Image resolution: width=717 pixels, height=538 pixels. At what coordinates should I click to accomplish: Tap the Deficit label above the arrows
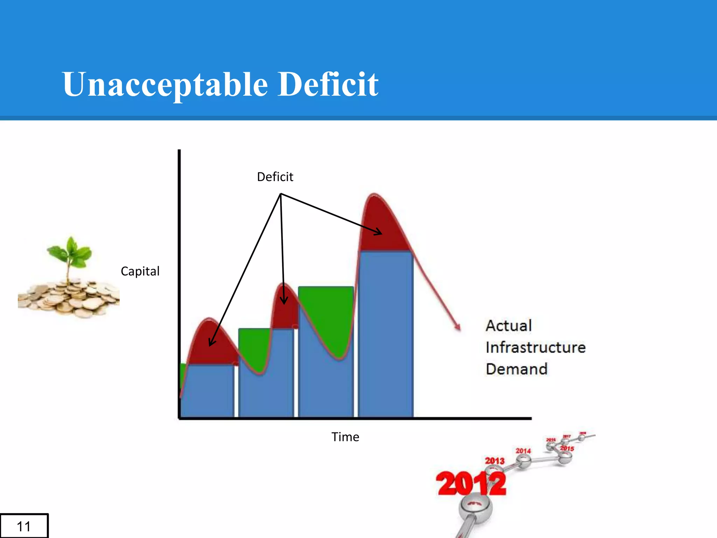[275, 177]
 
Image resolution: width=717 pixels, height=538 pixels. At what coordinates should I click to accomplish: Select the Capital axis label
[140, 271]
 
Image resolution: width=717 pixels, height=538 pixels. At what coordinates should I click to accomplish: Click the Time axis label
[345, 437]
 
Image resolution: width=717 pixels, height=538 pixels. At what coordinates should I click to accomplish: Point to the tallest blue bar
[386, 333]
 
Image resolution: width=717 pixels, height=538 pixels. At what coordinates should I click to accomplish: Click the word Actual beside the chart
[509, 326]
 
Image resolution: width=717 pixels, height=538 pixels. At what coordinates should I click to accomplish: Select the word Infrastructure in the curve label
[535, 347]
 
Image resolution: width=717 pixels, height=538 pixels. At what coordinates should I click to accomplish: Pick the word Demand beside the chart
[516, 369]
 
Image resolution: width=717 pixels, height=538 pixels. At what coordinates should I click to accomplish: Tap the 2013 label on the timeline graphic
[494, 461]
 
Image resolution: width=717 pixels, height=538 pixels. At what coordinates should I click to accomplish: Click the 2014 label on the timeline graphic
[523, 451]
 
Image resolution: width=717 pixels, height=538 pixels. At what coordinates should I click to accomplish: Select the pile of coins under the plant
[68, 298]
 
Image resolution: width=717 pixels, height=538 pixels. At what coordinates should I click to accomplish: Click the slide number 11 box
[24, 526]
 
